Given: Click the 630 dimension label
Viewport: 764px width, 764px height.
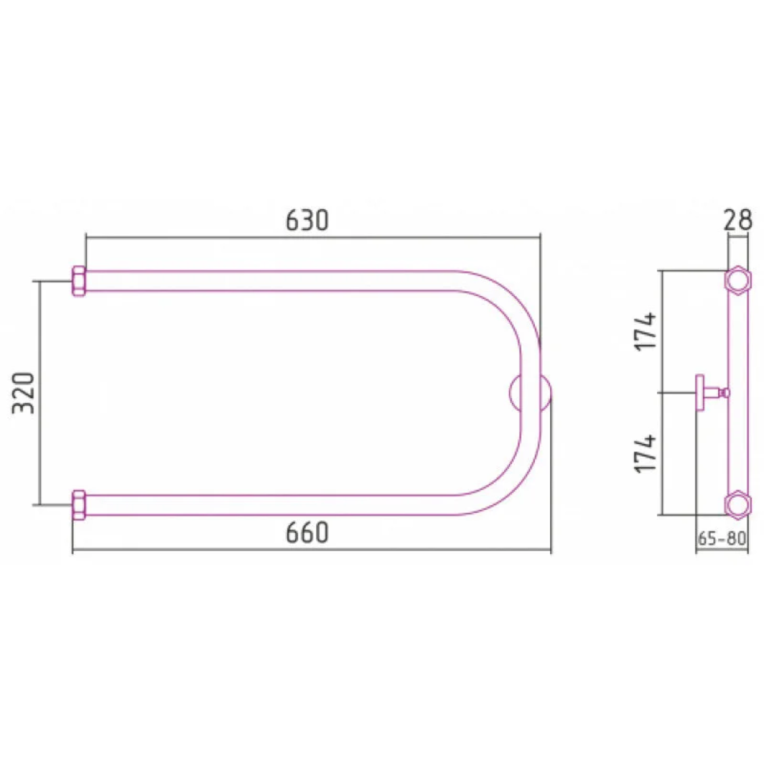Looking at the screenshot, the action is pos(307,220).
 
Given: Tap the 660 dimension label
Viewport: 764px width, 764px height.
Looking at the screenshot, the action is pos(307,532).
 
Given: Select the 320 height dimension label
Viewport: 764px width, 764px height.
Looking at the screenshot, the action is pos(23,393).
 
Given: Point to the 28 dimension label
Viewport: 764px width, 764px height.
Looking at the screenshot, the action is pos(737,220).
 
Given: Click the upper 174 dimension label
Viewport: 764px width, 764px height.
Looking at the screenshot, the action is pos(646,331).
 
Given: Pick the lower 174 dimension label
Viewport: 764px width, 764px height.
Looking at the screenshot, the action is pos(646,453).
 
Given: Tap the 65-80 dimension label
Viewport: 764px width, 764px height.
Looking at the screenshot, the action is pos(721,538).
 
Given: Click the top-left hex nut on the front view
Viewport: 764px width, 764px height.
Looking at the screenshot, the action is pos(79,281).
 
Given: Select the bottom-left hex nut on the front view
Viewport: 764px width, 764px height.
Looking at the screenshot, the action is pos(79,505).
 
